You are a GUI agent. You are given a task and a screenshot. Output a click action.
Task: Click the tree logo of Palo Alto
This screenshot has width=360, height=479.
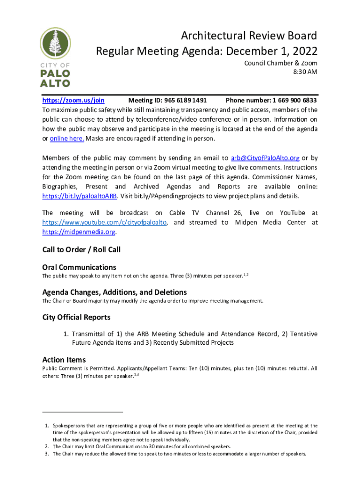[x=55, y=44]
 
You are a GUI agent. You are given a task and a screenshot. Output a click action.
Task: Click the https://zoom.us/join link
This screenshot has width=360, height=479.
[x=73, y=101]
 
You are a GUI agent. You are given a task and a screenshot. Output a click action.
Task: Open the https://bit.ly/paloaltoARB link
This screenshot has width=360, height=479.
[x=79, y=196]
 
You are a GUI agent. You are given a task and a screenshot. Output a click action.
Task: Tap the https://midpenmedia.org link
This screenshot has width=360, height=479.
[x=79, y=232]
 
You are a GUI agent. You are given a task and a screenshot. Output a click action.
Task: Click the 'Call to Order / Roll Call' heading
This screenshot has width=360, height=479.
[x=81, y=250]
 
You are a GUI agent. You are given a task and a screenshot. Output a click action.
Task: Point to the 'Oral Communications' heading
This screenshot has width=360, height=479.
[x=79, y=268]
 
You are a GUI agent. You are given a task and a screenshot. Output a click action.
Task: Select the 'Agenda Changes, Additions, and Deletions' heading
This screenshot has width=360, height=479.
[x=115, y=292]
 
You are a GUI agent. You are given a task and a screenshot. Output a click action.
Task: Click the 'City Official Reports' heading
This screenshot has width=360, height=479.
[x=76, y=317]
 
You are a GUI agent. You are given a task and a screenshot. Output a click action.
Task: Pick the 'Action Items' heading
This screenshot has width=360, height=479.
[x=64, y=360]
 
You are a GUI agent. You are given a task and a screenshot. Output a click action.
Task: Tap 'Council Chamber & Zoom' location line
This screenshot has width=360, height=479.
[x=281, y=63]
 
